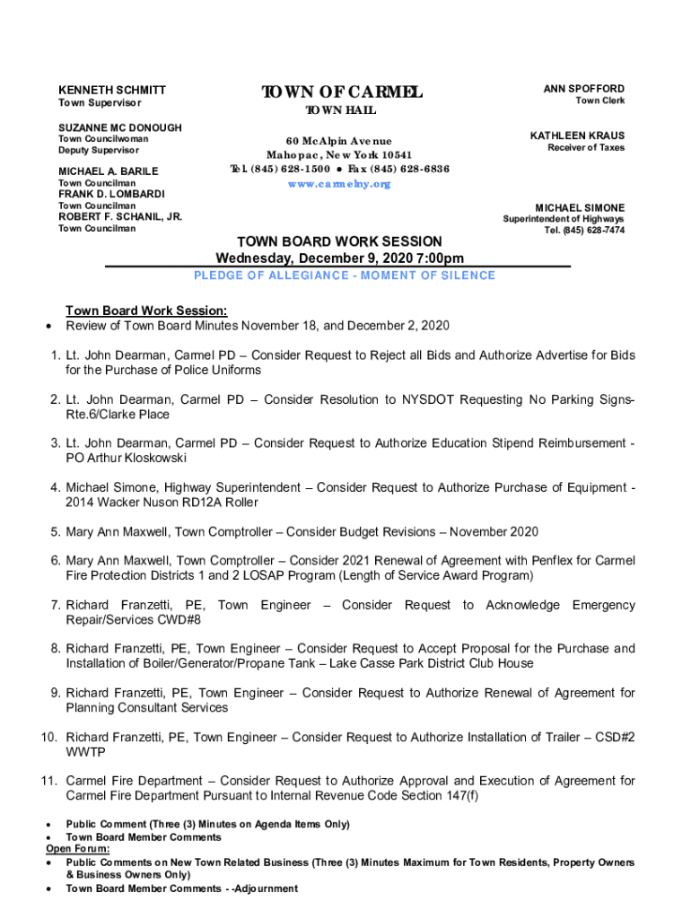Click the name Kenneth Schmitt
pyautogui.click(x=112, y=91)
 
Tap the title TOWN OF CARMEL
pyautogui.click(x=341, y=92)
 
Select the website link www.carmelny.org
pyautogui.click(x=339, y=184)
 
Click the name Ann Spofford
pyautogui.click(x=583, y=89)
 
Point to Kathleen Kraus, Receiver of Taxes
pyautogui.click(x=577, y=136)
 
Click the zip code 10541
pyautogui.click(x=394, y=155)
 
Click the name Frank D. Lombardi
pyautogui.click(x=111, y=194)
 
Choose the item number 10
pyautogui.click(x=48, y=738)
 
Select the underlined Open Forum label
pyautogui.click(x=78, y=849)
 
